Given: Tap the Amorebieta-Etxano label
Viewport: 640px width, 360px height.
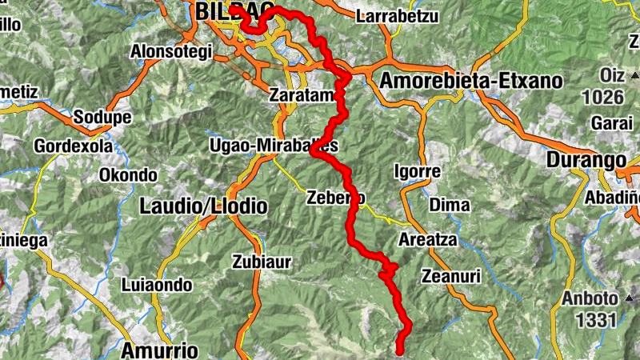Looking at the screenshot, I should click(471, 81).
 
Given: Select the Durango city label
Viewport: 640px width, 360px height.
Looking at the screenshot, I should click(586, 160).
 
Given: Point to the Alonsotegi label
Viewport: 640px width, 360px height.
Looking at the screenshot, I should click(173, 53).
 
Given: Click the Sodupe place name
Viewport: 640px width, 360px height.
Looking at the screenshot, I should click(102, 118).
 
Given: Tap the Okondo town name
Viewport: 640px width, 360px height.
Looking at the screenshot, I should click(128, 175).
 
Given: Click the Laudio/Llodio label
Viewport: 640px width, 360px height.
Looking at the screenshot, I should click(203, 206).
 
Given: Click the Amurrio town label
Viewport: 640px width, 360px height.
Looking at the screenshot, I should click(160, 350).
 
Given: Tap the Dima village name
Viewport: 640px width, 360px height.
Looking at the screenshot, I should click(450, 205).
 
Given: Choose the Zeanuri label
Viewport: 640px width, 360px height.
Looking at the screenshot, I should click(450, 276).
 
